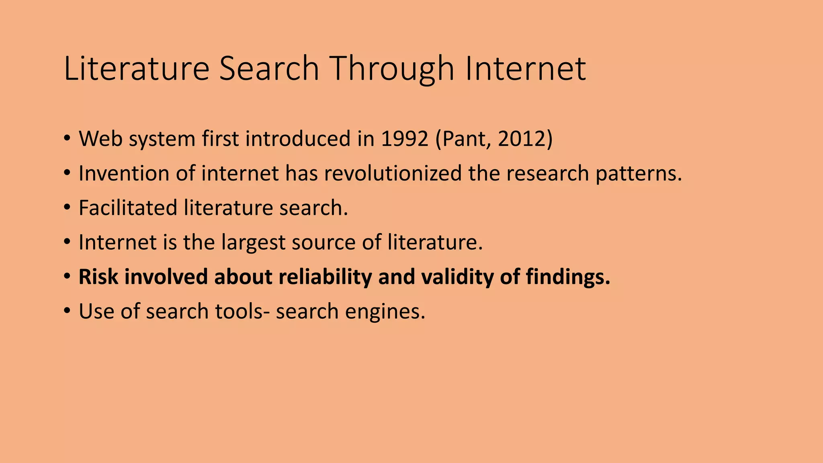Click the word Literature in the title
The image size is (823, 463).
point(136,69)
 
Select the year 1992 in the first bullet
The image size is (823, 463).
point(405,139)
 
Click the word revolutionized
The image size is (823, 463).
point(393,173)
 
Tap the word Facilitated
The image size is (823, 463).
point(128,208)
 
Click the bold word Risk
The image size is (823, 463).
point(98,277)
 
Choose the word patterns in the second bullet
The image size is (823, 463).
point(639,173)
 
